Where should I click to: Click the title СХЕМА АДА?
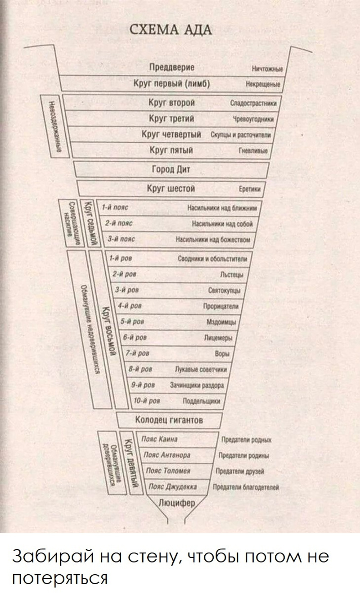tap(171, 31)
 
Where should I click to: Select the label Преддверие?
tap(172, 68)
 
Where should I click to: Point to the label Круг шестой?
tap(171, 188)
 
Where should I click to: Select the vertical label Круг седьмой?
tap(90, 222)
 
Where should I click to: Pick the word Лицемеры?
tap(223, 338)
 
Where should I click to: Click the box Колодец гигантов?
tap(169, 420)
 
